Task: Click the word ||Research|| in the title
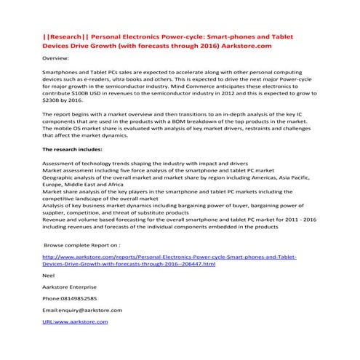(x=65, y=36)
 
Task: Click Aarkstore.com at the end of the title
(x=249, y=46)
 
